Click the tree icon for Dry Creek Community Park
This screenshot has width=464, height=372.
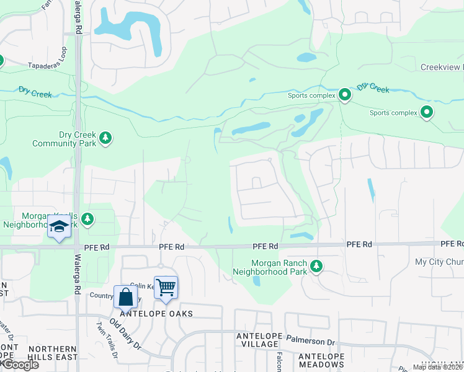[106, 137]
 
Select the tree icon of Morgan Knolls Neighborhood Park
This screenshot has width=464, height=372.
[87, 218]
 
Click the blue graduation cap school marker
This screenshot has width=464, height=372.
[60, 228]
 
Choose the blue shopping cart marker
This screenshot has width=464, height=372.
[166, 288]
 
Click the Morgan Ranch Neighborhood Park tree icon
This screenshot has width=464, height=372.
[317, 266]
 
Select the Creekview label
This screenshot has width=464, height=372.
[442, 67]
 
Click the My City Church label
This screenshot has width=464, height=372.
[439, 262]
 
